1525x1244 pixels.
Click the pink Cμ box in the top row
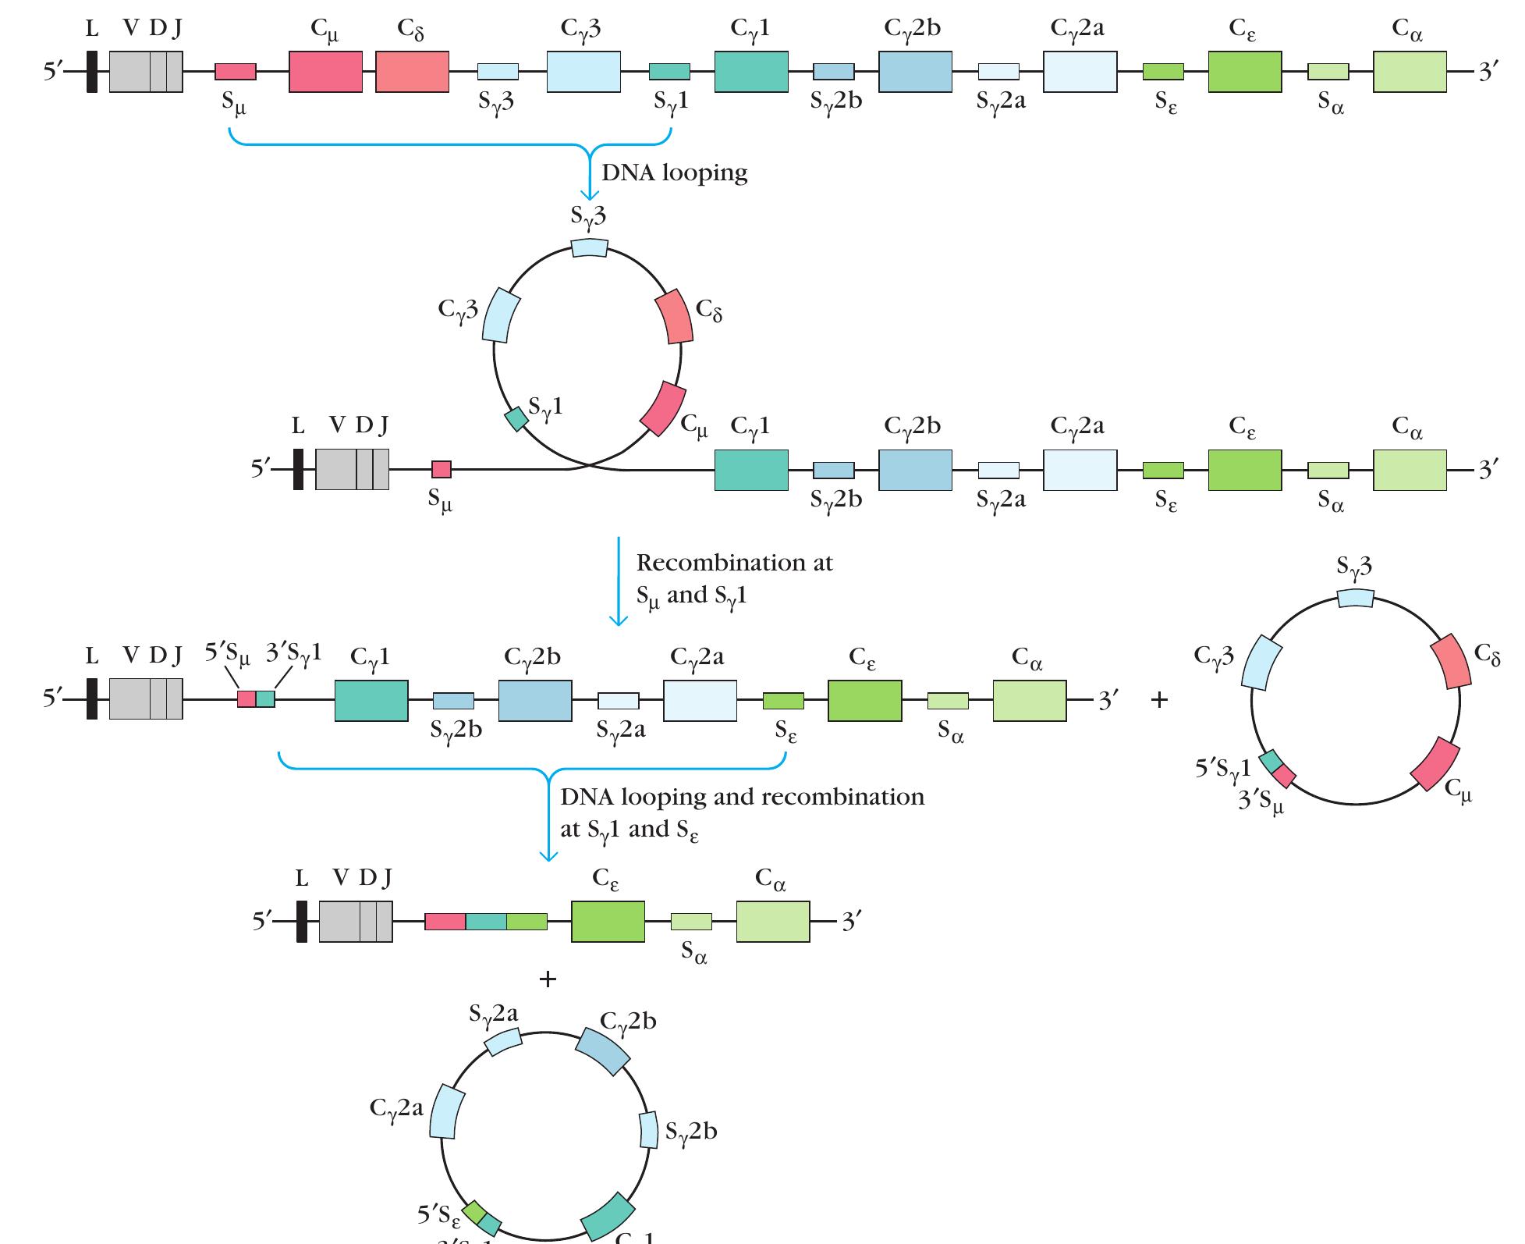pyautogui.click(x=325, y=72)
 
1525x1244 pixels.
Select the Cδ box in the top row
pyautogui.click(x=412, y=72)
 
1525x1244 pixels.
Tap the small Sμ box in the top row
pyautogui.click(x=236, y=72)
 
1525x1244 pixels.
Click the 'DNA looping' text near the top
pyautogui.click(x=674, y=172)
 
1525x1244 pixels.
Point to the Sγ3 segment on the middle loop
pyautogui.click(x=588, y=247)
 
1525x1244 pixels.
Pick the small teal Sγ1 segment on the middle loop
pyautogui.click(x=516, y=419)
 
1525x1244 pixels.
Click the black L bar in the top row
pyautogui.click(x=92, y=72)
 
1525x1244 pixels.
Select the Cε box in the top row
pyautogui.click(x=1244, y=72)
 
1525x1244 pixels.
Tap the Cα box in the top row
pyautogui.click(x=1409, y=72)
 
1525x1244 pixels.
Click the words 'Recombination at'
pyautogui.click(x=734, y=563)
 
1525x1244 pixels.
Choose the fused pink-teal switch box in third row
pyautogui.click(x=257, y=699)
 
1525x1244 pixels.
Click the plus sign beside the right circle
pyautogui.click(x=1159, y=700)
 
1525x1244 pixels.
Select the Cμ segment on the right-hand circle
pyautogui.click(x=1435, y=764)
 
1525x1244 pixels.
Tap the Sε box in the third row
pyautogui.click(x=783, y=701)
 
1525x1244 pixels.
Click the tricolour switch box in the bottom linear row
pyautogui.click(x=486, y=922)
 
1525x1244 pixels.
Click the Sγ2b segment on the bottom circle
pyautogui.click(x=648, y=1129)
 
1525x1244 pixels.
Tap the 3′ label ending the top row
pyautogui.click(x=1488, y=73)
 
